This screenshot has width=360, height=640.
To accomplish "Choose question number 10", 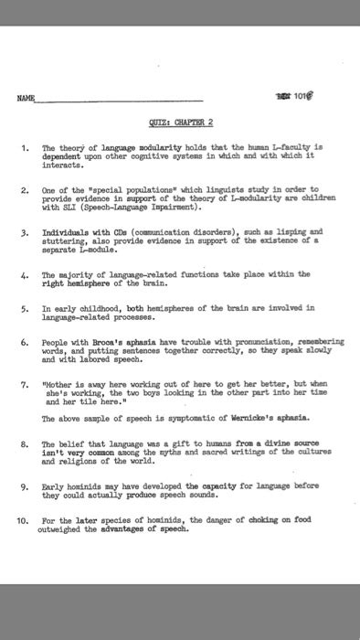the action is tap(25, 520).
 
